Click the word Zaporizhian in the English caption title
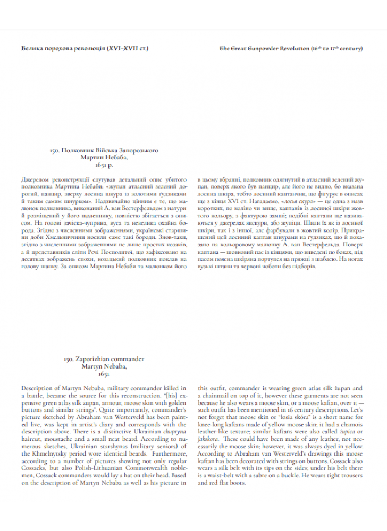point(97,359)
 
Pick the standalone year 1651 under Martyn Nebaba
point(105,374)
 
